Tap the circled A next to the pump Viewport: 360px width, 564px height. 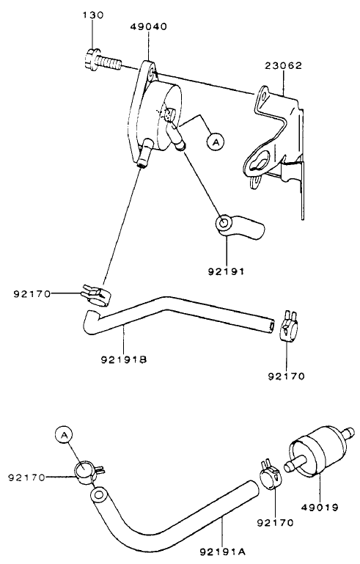click(215, 142)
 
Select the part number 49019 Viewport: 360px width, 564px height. click(320, 506)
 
